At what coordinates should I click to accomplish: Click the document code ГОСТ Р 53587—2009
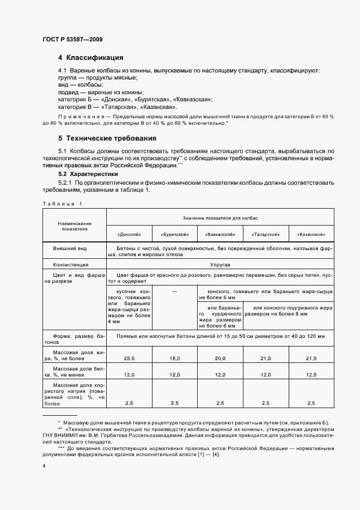[x=72, y=39]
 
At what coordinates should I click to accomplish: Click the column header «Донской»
[x=129, y=234]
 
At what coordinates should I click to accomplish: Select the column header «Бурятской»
[x=175, y=234]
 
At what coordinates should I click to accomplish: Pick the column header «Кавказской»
[x=220, y=234]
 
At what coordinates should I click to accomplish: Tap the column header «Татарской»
[x=265, y=234]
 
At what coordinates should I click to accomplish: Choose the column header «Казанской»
[x=311, y=234]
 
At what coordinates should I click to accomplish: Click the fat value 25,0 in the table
[x=129, y=358]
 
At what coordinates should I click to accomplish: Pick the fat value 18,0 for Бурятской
[x=175, y=358]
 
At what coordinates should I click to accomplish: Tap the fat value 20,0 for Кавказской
[x=220, y=358]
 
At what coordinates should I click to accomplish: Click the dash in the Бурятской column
[x=175, y=292]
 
